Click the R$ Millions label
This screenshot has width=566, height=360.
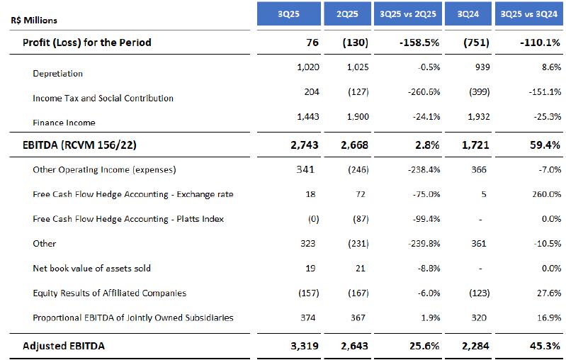pos(35,21)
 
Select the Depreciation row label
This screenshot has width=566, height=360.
pos(57,74)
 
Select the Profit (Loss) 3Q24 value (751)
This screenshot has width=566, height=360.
pos(475,43)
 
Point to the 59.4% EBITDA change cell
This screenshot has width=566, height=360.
pos(546,145)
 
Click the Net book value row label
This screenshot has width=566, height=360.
pos(91,269)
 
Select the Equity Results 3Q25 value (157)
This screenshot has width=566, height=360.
pos(306,293)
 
